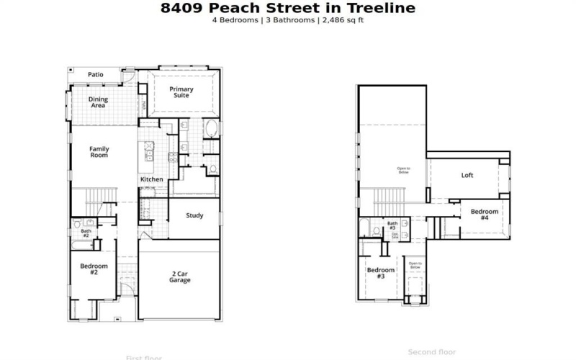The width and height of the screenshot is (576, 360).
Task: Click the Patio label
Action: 96,74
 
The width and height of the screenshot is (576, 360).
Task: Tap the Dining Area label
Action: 97,102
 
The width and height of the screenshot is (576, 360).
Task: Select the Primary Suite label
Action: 181,92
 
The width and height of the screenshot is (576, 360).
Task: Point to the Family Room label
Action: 99,152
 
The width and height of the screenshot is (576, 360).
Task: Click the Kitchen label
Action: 151,179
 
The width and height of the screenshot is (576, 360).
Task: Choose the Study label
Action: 194,215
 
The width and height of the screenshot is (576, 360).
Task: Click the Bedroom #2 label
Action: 94,269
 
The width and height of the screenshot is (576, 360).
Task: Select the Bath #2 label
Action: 85,233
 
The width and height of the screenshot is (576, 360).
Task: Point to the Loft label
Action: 467,175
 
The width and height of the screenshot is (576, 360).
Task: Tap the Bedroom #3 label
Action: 380,273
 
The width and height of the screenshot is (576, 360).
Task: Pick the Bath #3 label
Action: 392,225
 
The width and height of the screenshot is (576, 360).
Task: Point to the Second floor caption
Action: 432,352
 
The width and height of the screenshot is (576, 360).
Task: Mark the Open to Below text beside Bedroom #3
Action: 415,266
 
